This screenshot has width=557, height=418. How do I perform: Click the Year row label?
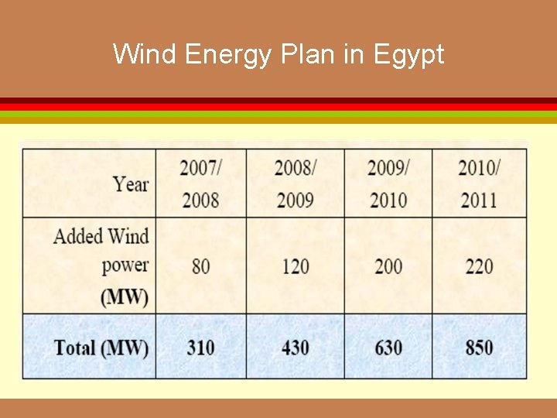[x=130, y=183]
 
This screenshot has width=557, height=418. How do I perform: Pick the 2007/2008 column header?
[x=201, y=183]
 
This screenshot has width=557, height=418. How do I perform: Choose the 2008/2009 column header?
[x=295, y=183]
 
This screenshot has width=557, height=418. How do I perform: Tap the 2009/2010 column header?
[x=388, y=183]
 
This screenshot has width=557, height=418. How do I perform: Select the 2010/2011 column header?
[x=479, y=183]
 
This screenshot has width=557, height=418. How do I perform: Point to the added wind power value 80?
[x=200, y=266]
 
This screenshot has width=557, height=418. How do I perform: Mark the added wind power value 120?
[x=295, y=266]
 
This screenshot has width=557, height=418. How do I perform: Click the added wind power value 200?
[x=388, y=266]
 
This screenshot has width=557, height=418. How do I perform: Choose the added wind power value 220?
[x=479, y=266]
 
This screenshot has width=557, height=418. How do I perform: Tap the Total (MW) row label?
[x=101, y=348]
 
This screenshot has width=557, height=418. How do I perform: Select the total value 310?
[x=200, y=348]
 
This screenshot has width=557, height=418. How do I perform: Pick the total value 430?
[x=295, y=348]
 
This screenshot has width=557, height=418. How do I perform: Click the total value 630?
[x=388, y=348]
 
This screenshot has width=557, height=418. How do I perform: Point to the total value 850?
[x=479, y=348]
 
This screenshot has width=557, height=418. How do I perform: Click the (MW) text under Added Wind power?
[x=125, y=296]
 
